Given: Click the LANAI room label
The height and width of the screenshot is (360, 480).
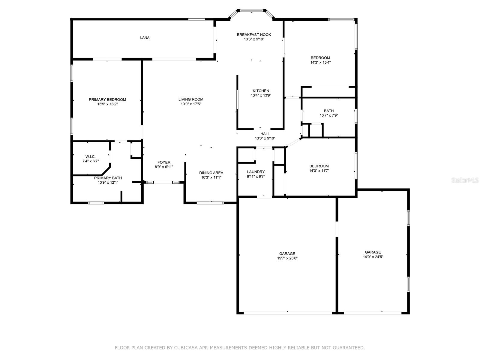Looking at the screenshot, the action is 145,37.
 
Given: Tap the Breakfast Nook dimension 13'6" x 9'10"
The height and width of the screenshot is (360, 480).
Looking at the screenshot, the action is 254,39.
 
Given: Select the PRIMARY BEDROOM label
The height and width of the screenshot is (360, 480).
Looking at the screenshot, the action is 107,100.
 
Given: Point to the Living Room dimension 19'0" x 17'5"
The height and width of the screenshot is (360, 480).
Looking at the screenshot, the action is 191,104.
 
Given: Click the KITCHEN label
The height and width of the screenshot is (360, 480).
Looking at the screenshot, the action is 261,91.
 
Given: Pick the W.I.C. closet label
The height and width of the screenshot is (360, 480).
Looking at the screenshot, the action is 91,157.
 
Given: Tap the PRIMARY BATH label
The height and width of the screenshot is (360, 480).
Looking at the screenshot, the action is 108,178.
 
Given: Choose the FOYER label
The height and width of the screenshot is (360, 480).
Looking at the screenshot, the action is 164,162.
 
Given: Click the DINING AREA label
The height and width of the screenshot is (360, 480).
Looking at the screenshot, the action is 211,173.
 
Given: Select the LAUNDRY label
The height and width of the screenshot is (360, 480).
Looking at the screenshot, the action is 256,172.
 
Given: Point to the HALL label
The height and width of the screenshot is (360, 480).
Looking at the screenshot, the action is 265,134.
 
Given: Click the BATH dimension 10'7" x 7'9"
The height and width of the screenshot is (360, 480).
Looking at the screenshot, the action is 329,115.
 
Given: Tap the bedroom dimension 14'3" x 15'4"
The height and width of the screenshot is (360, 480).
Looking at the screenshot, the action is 320,62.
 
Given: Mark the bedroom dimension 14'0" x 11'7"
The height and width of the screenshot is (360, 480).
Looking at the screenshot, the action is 319,171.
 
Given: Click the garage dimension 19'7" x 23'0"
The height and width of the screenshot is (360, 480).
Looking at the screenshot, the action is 287,258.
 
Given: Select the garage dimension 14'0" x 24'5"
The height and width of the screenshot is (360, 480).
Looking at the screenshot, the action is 373,257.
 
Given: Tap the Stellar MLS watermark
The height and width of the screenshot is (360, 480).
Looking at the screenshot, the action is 465,180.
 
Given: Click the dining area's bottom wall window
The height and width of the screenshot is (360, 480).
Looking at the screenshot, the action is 210,203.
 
